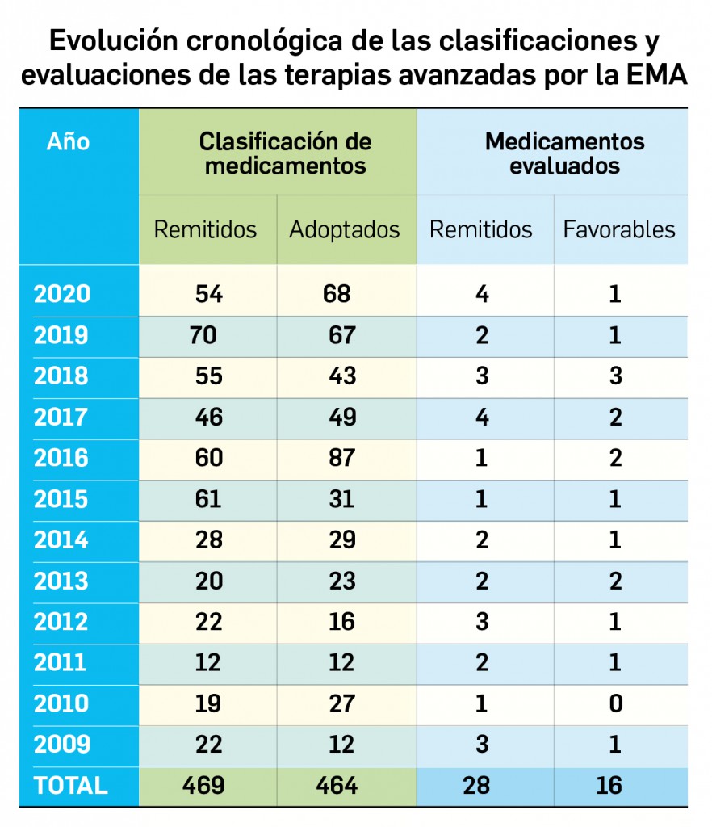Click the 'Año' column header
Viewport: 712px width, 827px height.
68,142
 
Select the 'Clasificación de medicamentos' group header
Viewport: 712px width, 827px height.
285,153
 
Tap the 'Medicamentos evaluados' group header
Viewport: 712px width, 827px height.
564,153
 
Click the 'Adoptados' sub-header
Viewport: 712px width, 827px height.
345,229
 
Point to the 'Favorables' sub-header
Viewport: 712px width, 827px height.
619,229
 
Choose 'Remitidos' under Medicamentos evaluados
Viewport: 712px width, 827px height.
481,229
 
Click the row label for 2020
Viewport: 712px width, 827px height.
61,294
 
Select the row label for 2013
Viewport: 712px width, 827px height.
61,581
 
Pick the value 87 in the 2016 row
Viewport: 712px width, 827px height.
342,459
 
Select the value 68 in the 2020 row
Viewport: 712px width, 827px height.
337,294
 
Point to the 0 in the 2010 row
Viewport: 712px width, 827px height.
616,704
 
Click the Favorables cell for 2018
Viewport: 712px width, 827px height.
616,376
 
